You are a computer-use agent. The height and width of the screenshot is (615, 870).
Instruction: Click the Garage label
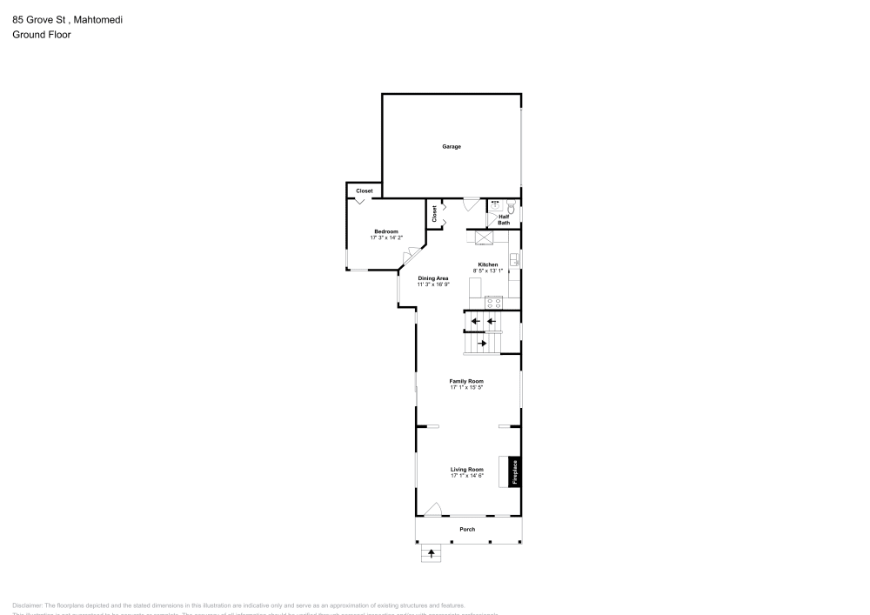pyautogui.click(x=452, y=147)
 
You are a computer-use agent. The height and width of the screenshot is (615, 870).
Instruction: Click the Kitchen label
pyautogui.click(x=487, y=264)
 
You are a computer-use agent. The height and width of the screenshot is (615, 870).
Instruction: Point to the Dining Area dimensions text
pyautogui.click(x=432, y=284)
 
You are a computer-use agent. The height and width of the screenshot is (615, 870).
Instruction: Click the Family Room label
pyautogui.click(x=466, y=381)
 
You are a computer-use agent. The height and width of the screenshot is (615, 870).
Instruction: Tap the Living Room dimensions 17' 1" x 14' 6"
pyautogui.click(x=466, y=476)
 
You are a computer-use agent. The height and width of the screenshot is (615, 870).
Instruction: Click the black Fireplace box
pyautogui.click(x=514, y=471)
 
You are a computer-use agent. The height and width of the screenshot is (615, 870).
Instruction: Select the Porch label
pyautogui.click(x=467, y=529)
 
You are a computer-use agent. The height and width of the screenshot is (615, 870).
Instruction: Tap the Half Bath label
pyautogui.click(x=504, y=220)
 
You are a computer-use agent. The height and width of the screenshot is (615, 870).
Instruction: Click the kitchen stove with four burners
pyautogui.click(x=494, y=303)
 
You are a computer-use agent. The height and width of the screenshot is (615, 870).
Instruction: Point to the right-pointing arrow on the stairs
pyautogui.click(x=483, y=344)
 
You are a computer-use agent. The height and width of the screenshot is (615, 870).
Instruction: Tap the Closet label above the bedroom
pyautogui.click(x=364, y=191)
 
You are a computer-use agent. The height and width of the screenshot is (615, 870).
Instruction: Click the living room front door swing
pyautogui.click(x=433, y=509)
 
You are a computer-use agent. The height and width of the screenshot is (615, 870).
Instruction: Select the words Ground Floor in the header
pyautogui.click(x=42, y=35)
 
